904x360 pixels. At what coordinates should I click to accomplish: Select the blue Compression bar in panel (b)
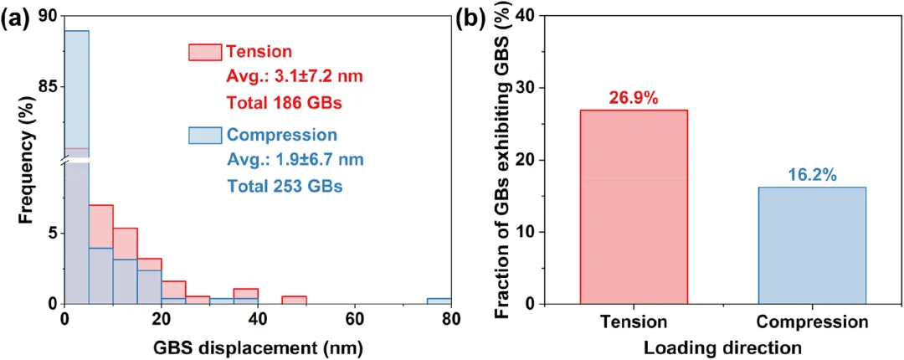(x=811, y=244)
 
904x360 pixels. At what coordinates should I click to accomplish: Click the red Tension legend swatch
(x=204, y=53)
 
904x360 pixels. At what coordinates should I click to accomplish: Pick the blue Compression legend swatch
(x=204, y=136)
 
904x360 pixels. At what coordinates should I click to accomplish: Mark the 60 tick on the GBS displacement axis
(x=355, y=319)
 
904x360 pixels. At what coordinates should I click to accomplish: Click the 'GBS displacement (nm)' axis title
(x=257, y=343)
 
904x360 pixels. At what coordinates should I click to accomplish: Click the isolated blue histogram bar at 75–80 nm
(x=439, y=301)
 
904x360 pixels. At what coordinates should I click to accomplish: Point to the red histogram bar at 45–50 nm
(x=294, y=300)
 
